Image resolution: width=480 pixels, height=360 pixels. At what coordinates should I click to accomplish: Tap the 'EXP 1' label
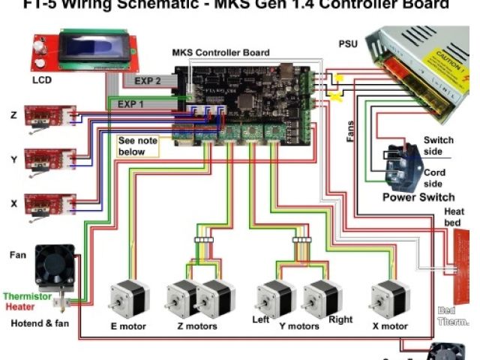132,103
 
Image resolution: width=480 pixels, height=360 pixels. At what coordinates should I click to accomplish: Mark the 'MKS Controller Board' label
220,52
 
